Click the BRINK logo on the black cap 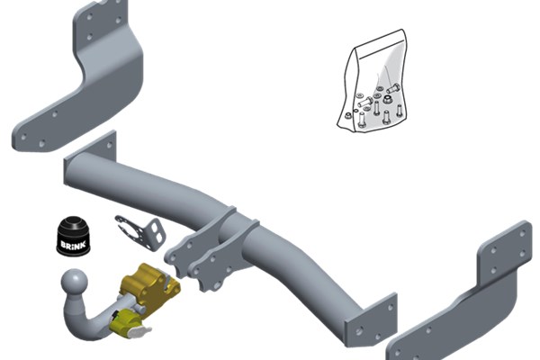point(73,244)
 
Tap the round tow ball point(75,281)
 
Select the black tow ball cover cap point(72,236)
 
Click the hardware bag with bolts point(373,81)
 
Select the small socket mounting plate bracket point(140,231)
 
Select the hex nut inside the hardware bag point(386,100)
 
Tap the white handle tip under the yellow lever point(139,332)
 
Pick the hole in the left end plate point(110,145)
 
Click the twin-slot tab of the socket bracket point(157,232)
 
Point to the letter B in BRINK point(63,245)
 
